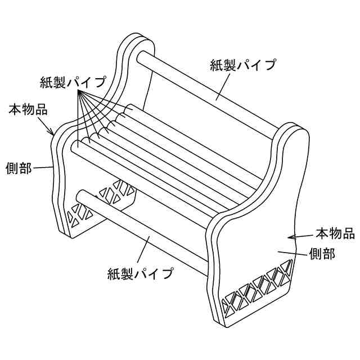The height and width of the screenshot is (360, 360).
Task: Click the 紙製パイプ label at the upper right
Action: click(x=243, y=65)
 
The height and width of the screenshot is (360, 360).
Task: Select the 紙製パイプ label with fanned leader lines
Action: click(x=73, y=82)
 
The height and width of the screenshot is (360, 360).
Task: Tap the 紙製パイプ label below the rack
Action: click(x=139, y=274)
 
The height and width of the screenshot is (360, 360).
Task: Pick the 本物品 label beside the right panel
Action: click(x=334, y=232)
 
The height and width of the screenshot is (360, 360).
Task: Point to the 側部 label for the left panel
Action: click(x=19, y=168)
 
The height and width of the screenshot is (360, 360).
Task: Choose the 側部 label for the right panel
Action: click(x=322, y=254)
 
